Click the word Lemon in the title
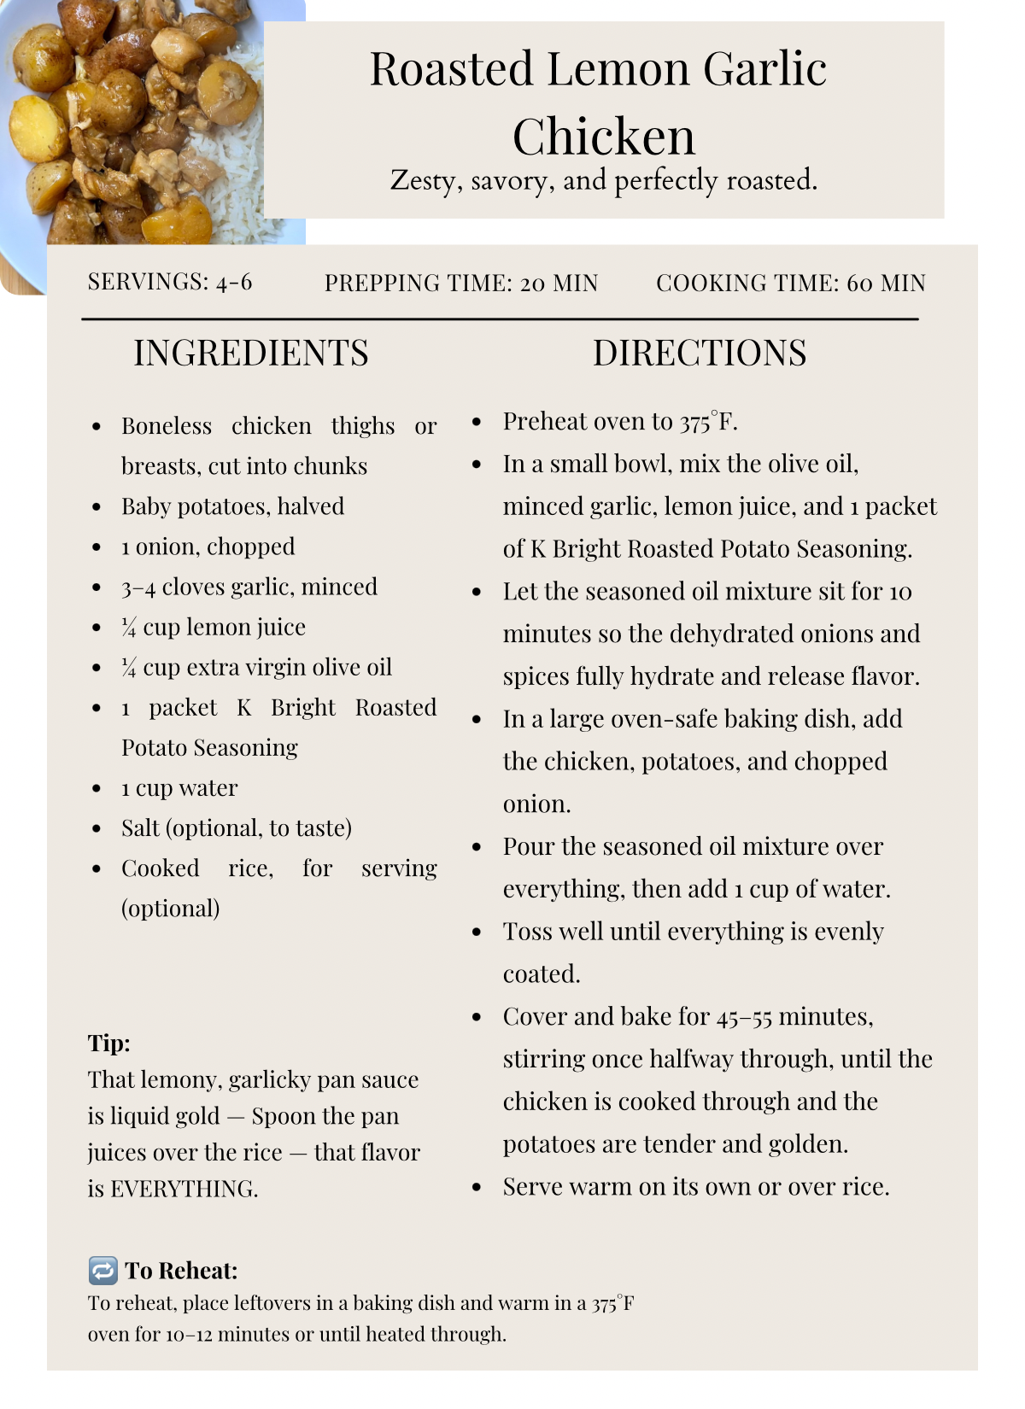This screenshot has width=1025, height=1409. [618, 69]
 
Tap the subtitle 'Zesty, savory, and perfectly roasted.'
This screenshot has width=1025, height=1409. [603, 181]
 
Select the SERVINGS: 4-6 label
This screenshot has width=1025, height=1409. [170, 283]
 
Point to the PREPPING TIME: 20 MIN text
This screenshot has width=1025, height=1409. [461, 284]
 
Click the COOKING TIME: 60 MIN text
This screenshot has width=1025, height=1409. [790, 284]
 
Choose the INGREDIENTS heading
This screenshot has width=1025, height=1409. [251, 354]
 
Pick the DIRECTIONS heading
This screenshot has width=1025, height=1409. [700, 354]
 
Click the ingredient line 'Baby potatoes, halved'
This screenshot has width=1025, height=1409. [232, 506]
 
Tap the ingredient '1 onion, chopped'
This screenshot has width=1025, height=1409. [208, 547]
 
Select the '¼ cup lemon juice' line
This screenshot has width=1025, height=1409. [214, 628]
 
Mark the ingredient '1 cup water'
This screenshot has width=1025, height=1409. [179, 788]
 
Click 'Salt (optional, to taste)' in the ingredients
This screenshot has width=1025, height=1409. [237, 828]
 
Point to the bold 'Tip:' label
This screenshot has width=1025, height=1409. [108, 1044]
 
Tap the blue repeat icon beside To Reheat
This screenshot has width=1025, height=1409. [103, 1271]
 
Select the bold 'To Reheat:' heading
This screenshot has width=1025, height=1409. [181, 1272]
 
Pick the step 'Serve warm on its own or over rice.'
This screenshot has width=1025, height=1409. [696, 1187]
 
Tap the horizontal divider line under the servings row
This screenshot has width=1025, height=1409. [500, 319]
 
